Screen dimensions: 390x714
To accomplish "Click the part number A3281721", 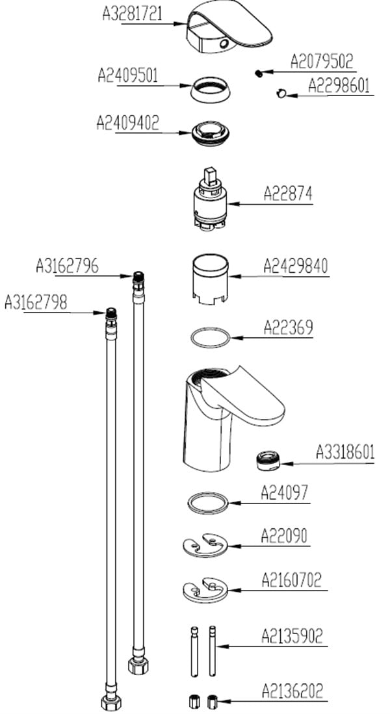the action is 132,14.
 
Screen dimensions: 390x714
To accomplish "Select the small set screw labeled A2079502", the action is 259,73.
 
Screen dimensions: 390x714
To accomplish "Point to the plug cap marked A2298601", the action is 281,94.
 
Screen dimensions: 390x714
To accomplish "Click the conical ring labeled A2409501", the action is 211,89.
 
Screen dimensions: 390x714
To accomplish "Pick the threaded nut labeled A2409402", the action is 210,133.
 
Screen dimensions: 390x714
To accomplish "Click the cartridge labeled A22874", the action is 209,199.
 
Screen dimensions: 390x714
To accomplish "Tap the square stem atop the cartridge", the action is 211,176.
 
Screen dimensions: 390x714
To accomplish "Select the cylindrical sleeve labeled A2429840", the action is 210,279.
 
